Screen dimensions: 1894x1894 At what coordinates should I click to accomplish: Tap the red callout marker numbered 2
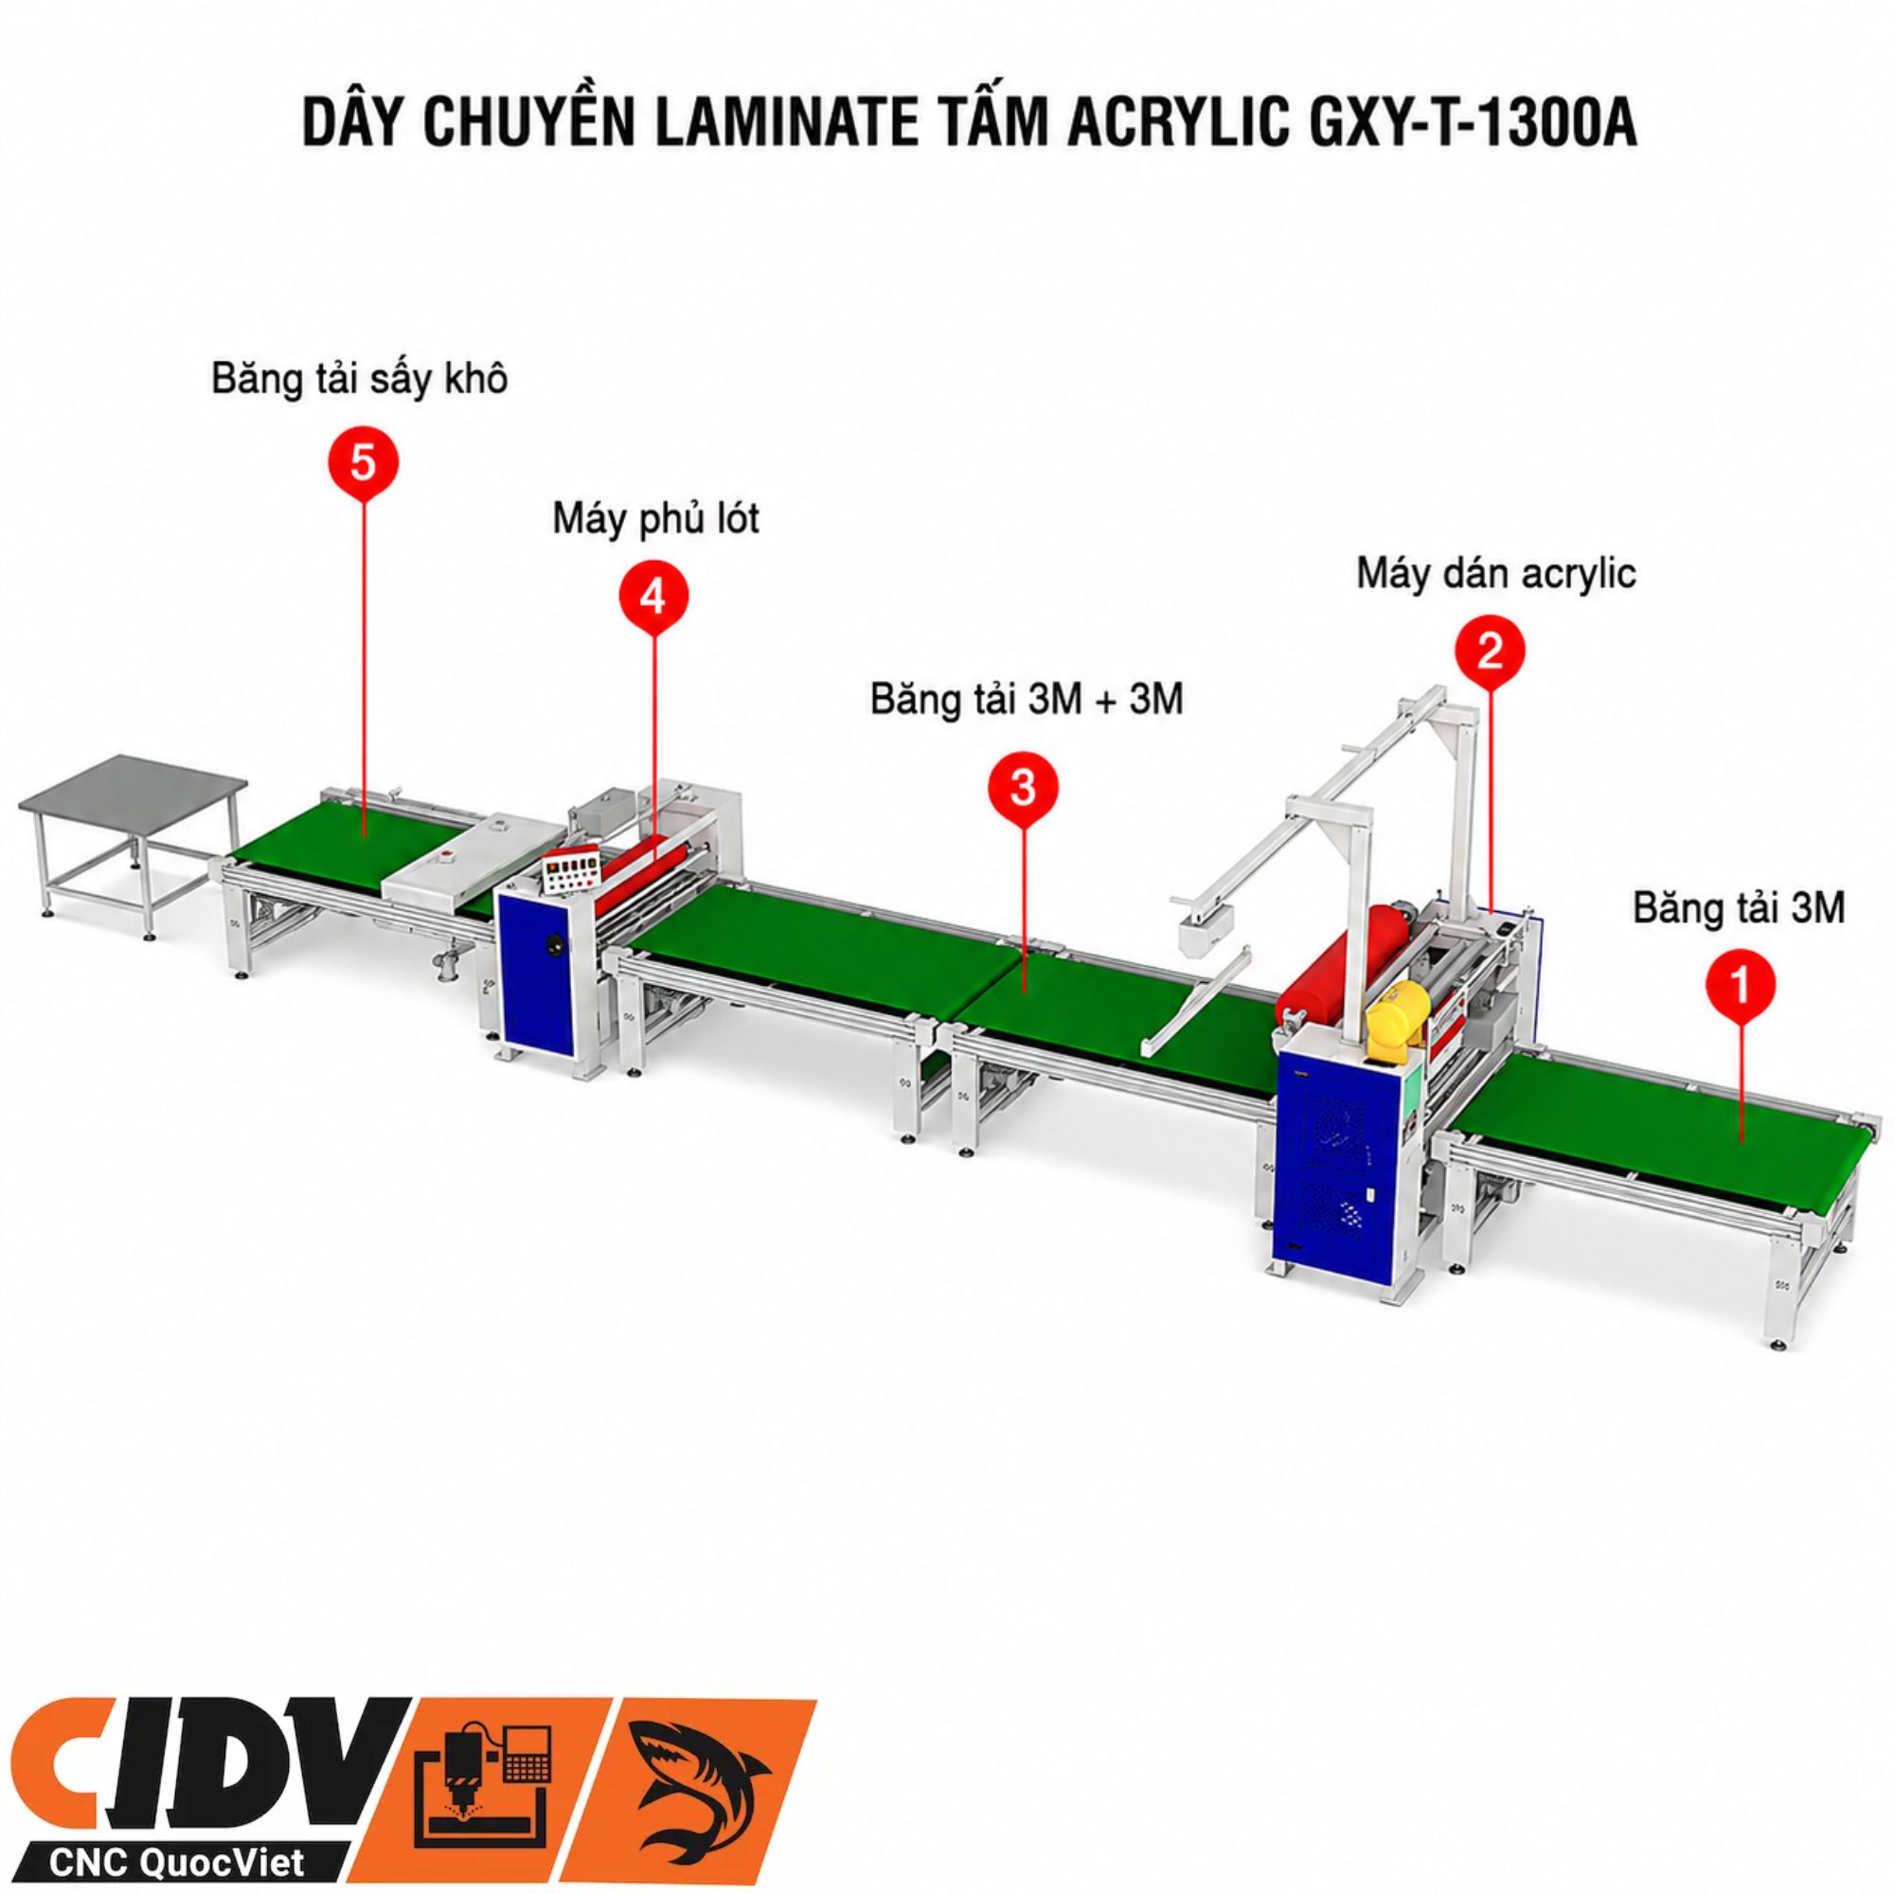pos(1489,651)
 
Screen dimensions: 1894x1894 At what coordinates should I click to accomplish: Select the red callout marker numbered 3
pos(1023,788)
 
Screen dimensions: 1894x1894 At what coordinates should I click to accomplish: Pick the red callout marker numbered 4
pos(653,596)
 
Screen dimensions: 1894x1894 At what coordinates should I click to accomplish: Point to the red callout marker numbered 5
pos(363,462)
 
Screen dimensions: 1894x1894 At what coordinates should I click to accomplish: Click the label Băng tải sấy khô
pos(360,380)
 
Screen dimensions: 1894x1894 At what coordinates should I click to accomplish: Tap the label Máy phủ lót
pos(656,519)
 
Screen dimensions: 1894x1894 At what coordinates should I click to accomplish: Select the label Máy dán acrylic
pos(1496,575)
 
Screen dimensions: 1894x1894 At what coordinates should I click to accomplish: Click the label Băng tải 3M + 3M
pos(1027,700)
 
